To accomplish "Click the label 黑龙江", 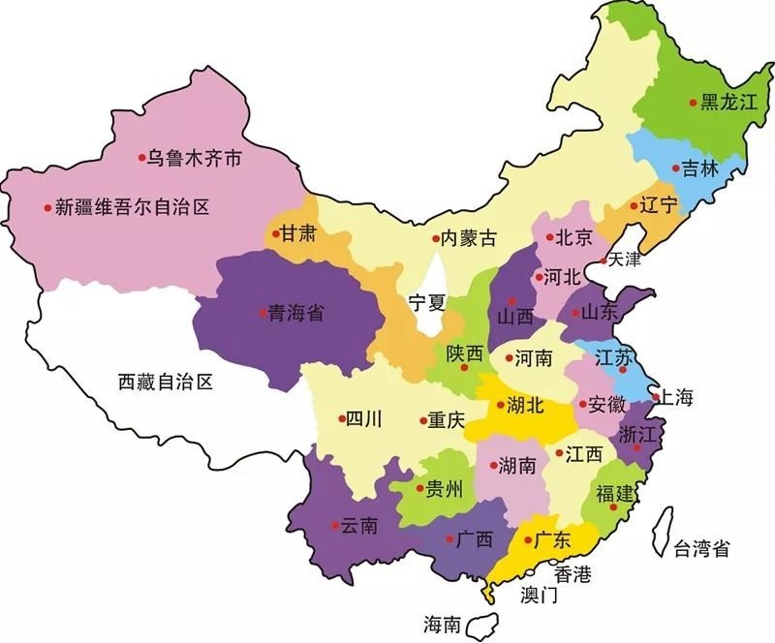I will [x=728, y=102].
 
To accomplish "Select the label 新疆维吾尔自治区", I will [x=132, y=206].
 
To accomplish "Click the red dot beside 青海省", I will [x=263, y=312].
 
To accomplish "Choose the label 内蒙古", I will [x=469, y=237].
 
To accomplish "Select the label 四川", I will [x=364, y=419].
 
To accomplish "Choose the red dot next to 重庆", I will [x=422, y=420].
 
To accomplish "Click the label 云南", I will [x=359, y=526].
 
